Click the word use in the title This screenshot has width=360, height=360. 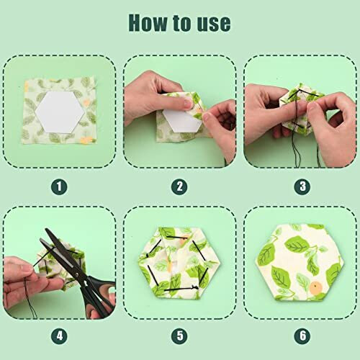click(x=212, y=23)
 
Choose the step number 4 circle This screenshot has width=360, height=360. click(x=60, y=336)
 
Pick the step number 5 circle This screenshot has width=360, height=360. click(x=180, y=336)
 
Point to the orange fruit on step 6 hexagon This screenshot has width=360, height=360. click(x=315, y=289)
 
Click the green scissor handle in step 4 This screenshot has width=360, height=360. click(x=101, y=288)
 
